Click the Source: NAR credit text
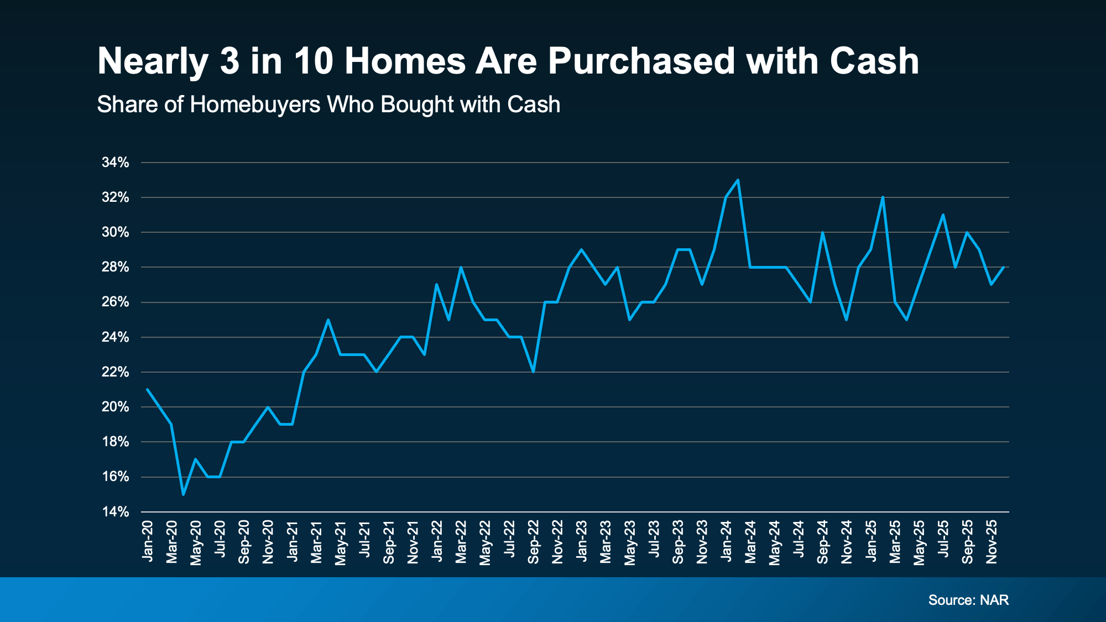tap(968, 600)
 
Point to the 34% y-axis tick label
tap(115, 163)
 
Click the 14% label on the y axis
tap(115, 512)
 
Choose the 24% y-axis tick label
tap(115, 337)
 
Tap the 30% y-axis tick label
tap(115, 232)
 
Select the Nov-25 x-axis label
tap(992, 542)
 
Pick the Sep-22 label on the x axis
tap(533, 542)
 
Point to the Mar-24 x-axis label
tap(750, 542)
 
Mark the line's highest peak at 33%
tap(738, 180)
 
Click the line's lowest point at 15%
tap(183, 494)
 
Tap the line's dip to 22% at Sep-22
tap(533, 372)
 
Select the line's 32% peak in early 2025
tap(883, 197)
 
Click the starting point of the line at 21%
tap(147, 389)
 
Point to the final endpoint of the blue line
tap(1003, 267)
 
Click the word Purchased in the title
tap(642, 61)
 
